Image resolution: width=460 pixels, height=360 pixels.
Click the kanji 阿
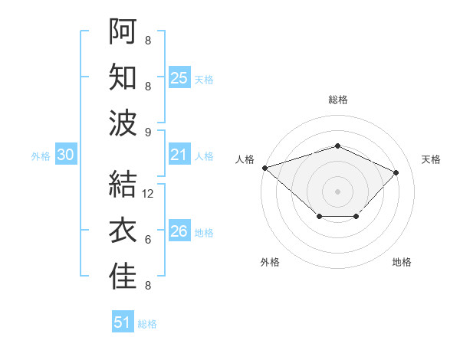(123, 31)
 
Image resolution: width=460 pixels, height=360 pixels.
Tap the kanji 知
(123, 77)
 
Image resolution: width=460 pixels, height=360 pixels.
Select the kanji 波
(123, 123)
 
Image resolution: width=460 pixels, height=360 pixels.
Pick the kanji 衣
(123, 231)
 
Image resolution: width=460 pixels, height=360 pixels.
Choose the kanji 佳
(123, 277)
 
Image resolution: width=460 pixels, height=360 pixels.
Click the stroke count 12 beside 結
(149, 194)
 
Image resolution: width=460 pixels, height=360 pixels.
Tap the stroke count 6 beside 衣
(148, 240)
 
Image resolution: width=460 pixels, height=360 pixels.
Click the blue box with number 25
(179, 78)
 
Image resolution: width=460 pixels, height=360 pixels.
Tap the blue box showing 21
(179, 155)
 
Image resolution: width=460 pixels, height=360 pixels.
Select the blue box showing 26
(179, 231)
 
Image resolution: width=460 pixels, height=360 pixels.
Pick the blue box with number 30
(66, 155)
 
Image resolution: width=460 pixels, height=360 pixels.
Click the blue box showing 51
(123, 322)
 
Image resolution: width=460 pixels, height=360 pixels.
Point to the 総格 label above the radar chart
(337, 100)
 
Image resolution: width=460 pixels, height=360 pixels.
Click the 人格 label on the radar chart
(245, 159)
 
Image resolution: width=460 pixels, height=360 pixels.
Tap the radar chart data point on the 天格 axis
(396, 172)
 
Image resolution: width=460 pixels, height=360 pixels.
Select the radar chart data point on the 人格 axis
(264, 168)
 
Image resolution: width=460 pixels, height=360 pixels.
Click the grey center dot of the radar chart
(337, 191)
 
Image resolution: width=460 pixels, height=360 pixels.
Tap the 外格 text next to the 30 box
(41, 155)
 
